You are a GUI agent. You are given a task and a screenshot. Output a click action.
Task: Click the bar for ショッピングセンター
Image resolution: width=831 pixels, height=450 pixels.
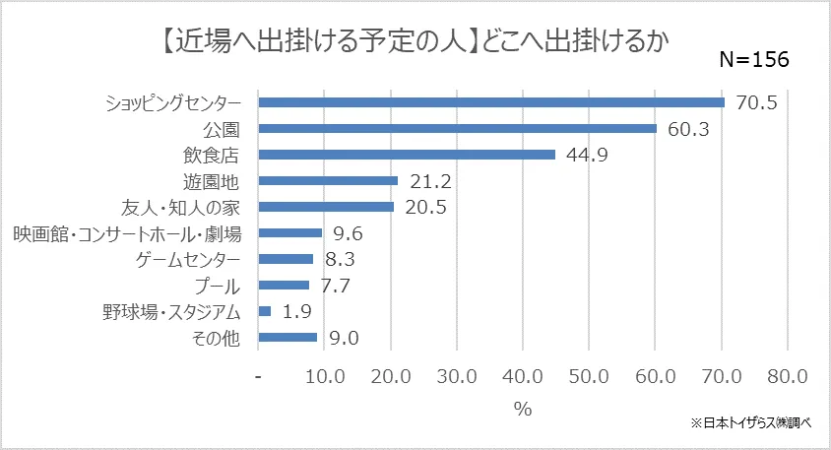pyautogui.click(x=490, y=101)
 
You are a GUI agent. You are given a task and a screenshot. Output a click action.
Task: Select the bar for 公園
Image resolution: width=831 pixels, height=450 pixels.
pyautogui.click(x=457, y=128)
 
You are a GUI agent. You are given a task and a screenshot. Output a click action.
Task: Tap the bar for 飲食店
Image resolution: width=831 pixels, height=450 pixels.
pyautogui.click(x=406, y=155)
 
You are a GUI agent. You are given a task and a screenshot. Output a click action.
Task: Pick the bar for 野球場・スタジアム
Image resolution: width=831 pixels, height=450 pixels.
pyautogui.click(x=264, y=311)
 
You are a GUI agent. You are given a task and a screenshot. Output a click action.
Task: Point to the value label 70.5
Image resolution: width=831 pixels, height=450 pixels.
pyautogui.click(x=755, y=102)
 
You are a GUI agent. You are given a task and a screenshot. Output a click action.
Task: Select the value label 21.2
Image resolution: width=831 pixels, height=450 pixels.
pyautogui.click(x=429, y=181)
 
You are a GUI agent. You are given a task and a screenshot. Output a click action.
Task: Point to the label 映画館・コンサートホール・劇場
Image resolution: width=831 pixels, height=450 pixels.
pyautogui.click(x=127, y=233)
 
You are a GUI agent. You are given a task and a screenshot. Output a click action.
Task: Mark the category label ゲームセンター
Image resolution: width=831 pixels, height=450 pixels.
pyautogui.click(x=186, y=260)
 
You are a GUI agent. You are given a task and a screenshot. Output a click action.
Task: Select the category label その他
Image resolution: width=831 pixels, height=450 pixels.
pyautogui.click(x=216, y=338)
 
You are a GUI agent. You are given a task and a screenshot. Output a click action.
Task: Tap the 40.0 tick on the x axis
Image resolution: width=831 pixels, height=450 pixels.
pyautogui.click(x=523, y=377)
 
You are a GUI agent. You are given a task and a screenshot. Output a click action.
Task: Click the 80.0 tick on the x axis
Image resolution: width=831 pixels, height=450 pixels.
pyautogui.click(x=786, y=377)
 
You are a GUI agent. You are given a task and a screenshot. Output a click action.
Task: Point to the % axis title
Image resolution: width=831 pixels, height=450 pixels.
pyautogui.click(x=522, y=409)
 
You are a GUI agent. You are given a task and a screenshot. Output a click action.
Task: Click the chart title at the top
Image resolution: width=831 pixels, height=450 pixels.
pyautogui.click(x=414, y=39)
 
